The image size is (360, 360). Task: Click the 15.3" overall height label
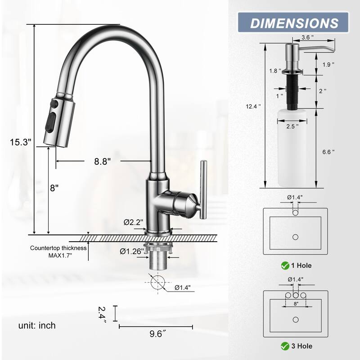pos(21,142)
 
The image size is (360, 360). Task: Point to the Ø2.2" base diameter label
pos(133,222)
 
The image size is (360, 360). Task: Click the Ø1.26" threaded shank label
pos(132,251)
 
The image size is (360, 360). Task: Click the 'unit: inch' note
pos(37,325)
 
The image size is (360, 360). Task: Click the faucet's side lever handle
pos(202,189)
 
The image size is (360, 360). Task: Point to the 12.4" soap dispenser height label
pos(253,107)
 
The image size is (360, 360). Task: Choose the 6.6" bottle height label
pos(328,152)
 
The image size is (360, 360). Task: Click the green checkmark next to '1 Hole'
pos(285,265)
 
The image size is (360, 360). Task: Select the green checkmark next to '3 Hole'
pos(285,346)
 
